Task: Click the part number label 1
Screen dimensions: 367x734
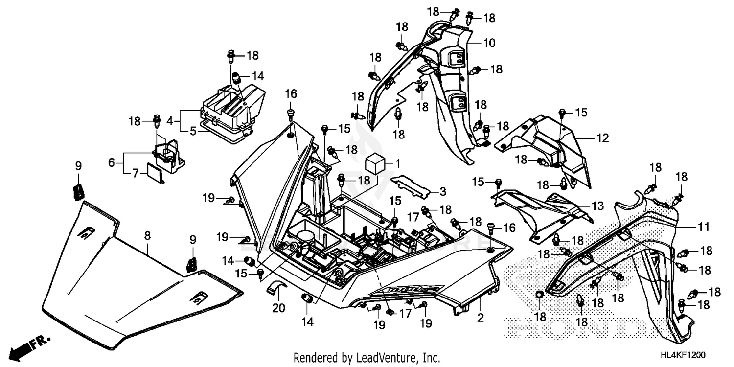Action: (x=398, y=162)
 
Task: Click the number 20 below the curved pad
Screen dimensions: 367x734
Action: (x=278, y=309)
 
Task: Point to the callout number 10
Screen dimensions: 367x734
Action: (x=489, y=43)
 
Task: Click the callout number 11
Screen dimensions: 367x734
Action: (x=703, y=227)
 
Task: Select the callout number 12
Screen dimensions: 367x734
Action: (x=602, y=138)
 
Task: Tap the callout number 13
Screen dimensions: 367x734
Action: (x=597, y=206)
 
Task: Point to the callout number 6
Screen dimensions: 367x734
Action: (x=112, y=162)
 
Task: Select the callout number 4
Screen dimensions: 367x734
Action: (x=170, y=120)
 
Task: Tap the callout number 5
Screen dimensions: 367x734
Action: (x=193, y=131)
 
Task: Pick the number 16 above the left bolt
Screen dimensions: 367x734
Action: (x=291, y=93)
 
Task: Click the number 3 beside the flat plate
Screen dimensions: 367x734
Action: (x=441, y=191)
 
